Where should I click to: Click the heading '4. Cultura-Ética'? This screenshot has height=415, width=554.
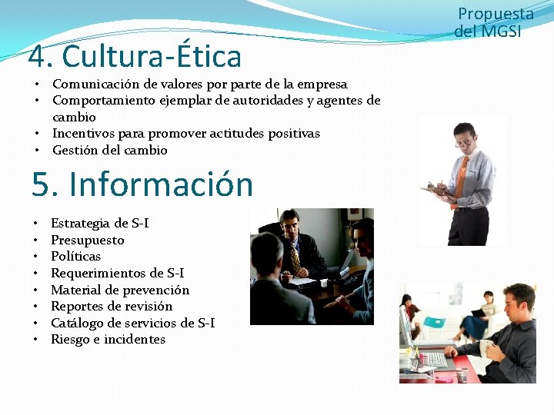click(135, 57)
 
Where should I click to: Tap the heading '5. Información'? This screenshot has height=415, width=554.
click(142, 184)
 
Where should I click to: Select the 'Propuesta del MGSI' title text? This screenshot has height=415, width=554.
click(495, 22)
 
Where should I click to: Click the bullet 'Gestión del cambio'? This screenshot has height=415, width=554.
click(109, 150)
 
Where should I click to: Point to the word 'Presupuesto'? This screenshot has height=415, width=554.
click(87, 240)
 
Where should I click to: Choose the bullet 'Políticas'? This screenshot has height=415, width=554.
click(75, 256)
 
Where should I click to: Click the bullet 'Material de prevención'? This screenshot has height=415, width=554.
click(119, 290)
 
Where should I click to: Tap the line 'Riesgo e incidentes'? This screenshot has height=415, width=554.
click(108, 339)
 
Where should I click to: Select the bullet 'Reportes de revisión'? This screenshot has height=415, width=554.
click(112, 306)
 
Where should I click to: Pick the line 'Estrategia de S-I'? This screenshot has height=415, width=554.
click(99, 223)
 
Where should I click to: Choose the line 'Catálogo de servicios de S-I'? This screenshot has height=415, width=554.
click(132, 323)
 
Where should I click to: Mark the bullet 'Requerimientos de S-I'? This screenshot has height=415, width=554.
click(117, 273)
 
